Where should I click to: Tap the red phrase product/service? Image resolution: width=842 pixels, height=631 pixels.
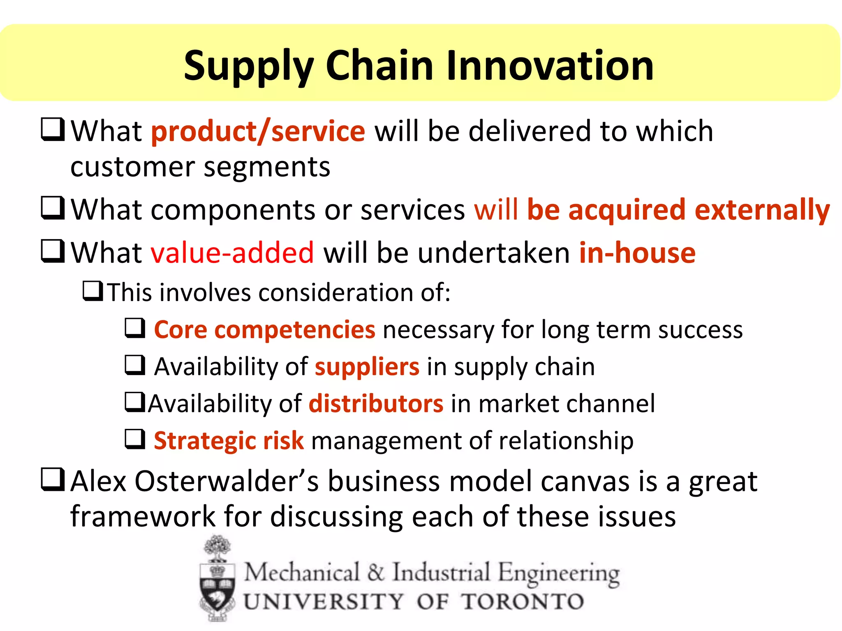pyautogui.click(x=258, y=131)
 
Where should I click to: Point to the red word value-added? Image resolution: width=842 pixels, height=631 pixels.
pyautogui.click(x=232, y=252)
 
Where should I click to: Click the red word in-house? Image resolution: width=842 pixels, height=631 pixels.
pyautogui.click(x=637, y=252)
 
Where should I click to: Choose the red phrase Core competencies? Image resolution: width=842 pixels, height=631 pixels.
pyautogui.click(x=264, y=329)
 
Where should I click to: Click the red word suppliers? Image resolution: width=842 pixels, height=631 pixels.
pyautogui.click(x=367, y=366)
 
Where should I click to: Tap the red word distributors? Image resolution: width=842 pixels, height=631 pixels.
pyautogui.click(x=376, y=403)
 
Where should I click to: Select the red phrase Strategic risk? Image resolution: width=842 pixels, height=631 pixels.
pyautogui.click(x=229, y=440)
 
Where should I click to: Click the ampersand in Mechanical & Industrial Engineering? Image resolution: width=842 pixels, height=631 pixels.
pyautogui.click(x=376, y=573)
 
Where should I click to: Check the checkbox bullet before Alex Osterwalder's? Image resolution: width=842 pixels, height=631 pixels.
pyautogui.click(x=53, y=480)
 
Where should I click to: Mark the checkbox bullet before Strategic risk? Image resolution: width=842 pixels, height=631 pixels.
pyautogui.click(x=135, y=439)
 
